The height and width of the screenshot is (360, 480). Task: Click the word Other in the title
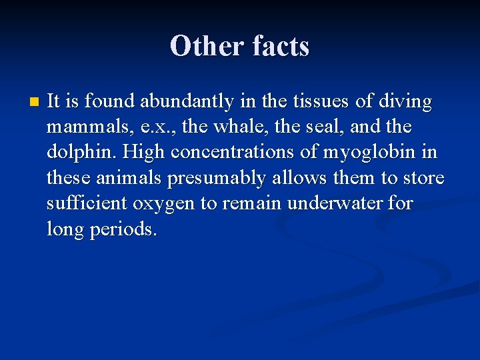[x=207, y=47]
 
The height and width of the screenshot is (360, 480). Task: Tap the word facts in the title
[x=281, y=47]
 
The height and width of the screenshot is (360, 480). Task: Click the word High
[x=143, y=152]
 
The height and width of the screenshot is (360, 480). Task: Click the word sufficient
[x=87, y=203]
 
